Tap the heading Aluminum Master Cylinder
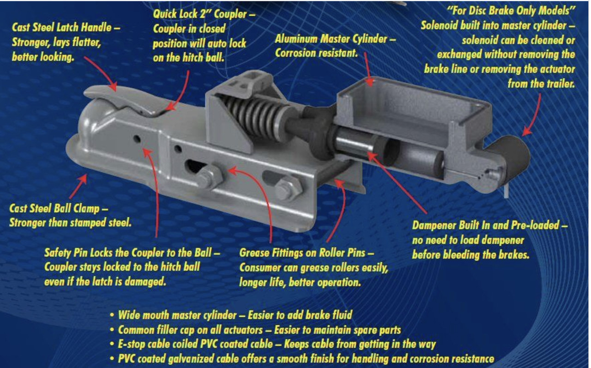[x=331, y=39]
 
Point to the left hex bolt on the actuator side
[x=210, y=178]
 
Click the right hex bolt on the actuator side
[x=289, y=189]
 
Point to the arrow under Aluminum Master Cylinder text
[x=368, y=69]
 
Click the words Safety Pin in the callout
[x=65, y=253]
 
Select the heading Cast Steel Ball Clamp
[x=54, y=208]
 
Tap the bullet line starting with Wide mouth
[x=231, y=315]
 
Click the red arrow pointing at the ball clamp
[x=78, y=186]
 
